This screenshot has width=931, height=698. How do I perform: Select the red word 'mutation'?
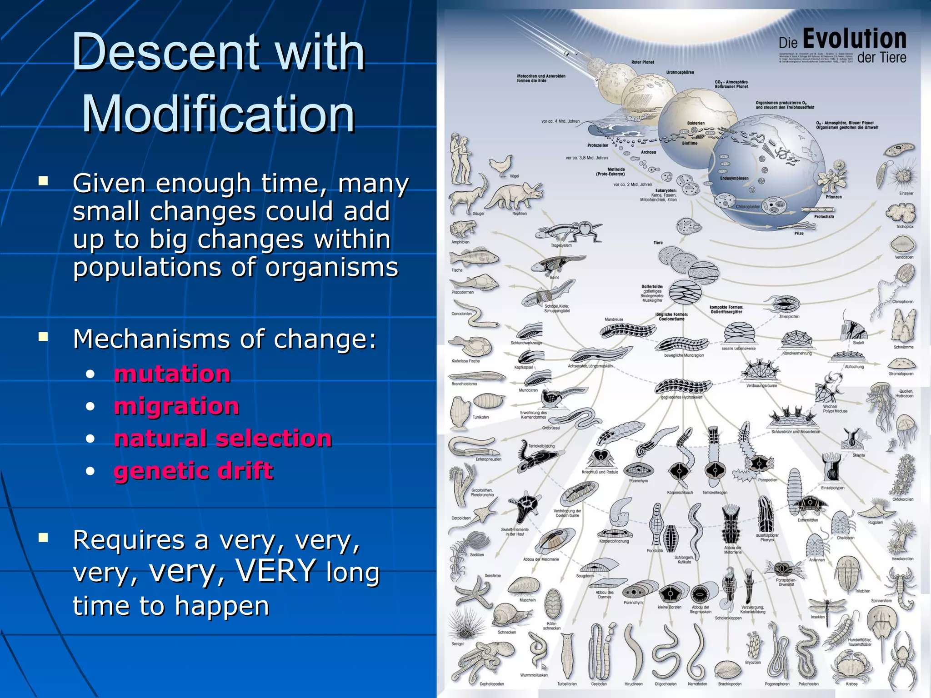point(172,374)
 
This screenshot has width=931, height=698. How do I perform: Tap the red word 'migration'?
point(176,406)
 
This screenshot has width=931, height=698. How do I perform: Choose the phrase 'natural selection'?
point(223,439)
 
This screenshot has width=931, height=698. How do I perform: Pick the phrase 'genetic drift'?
point(194,471)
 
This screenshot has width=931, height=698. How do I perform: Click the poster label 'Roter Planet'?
point(642,62)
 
